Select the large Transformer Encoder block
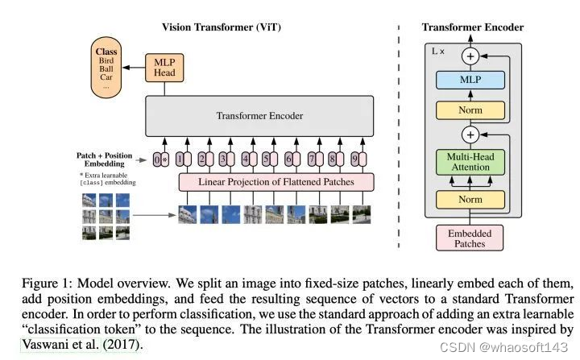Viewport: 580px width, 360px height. pos(259,116)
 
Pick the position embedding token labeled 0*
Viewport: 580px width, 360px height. pos(161,159)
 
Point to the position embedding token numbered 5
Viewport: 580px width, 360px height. pos(266,159)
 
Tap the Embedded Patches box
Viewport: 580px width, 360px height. pos(470,238)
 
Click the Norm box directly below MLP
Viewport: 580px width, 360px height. pos(470,110)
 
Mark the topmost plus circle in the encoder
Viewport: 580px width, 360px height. pos(470,56)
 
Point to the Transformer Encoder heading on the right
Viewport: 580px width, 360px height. pos(473,27)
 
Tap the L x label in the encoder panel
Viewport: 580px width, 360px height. pos(438,51)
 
